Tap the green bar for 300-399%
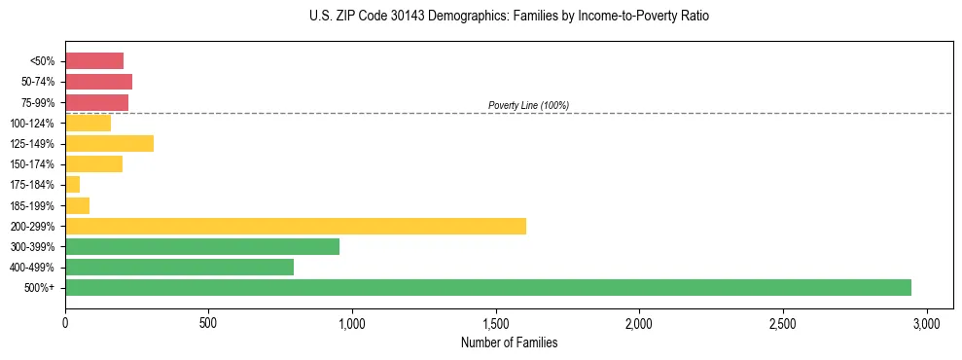(x=202, y=246)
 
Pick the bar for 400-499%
(x=179, y=267)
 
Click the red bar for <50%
(x=94, y=60)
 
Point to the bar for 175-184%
(x=73, y=184)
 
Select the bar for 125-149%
(x=109, y=143)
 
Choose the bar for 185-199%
(x=78, y=205)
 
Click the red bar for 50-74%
(x=98, y=82)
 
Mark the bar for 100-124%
(x=88, y=123)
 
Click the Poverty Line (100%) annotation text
(x=528, y=105)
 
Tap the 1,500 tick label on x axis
(x=496, y=322)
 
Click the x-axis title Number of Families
(x=509, y=342)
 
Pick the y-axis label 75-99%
(x=39, y=102)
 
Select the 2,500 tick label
(x=783, y=322)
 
